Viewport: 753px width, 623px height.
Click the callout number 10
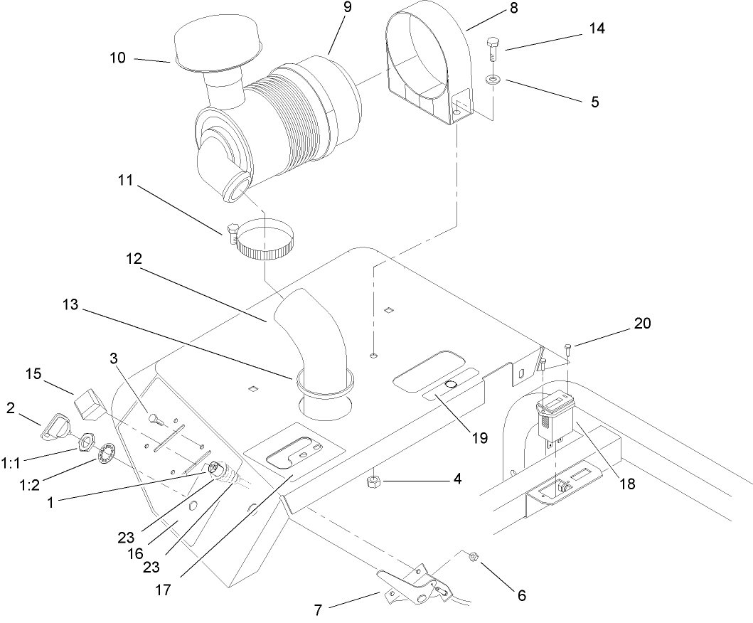coord(117,58)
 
